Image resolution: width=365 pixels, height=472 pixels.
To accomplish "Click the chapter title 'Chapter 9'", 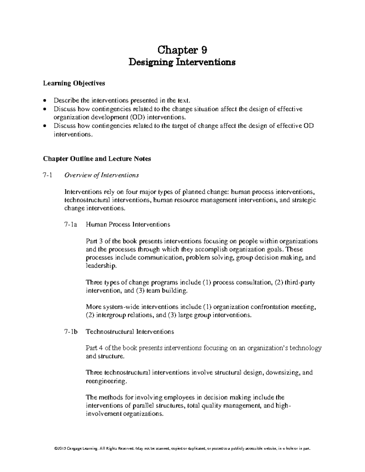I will click(182, 49).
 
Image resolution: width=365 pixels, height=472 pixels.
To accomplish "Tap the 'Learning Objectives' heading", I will click(74, 83).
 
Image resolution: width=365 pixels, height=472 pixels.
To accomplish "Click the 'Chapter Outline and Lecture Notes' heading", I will click(97, 159).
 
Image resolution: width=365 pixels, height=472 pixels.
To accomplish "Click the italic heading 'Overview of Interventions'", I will click(101, 175).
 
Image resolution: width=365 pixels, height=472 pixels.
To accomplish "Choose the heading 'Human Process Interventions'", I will click(128, 225).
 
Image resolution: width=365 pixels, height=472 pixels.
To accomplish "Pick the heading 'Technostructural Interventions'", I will click(130, 332).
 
